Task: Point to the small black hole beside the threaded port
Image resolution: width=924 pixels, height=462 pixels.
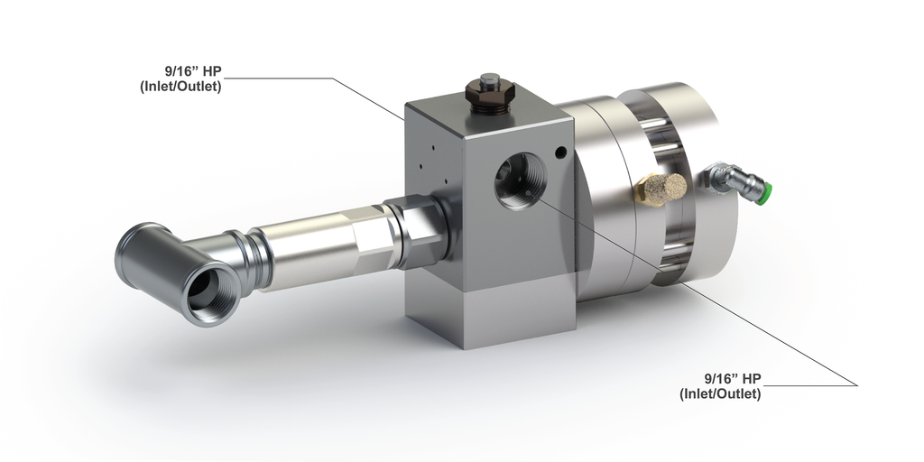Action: (560, 152)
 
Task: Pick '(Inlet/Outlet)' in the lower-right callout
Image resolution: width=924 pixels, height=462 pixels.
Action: (720, 393)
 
